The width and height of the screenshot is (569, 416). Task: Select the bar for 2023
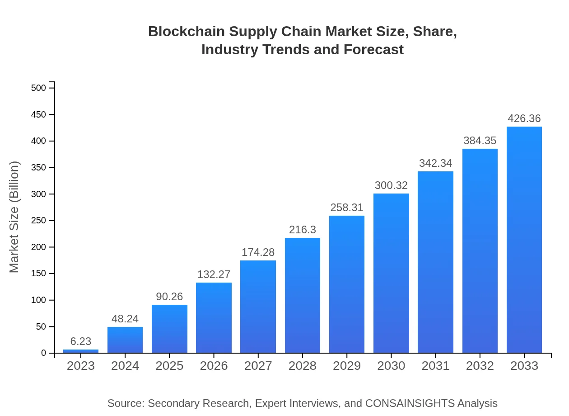pos(81,351)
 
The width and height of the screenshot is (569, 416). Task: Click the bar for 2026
pos(214,318)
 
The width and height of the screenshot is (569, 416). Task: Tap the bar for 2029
pos(347,284)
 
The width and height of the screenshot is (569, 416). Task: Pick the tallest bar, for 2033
pos(524,240)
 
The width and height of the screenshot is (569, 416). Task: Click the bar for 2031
pos(435,262)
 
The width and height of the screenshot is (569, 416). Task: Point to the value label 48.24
pos(125,319)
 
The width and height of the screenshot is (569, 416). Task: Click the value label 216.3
pos(303,230)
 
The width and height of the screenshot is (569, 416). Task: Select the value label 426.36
pos(524,118)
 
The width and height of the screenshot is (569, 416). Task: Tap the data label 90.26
pos(169,297)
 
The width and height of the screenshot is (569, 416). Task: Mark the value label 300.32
pos(391,185)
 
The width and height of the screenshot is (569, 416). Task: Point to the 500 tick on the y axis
pos(39,88)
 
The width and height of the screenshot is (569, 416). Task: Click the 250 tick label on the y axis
pos(39,221)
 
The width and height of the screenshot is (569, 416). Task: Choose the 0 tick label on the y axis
pos(44,353)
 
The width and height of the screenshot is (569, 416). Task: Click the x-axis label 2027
pos(258,366)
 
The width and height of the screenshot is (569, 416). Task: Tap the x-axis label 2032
pos(480,366)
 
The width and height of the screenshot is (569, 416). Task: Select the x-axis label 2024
pos(125,366)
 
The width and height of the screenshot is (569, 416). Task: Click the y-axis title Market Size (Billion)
pos(14,217)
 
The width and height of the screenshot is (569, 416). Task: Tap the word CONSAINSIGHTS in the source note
pos(410,403)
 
